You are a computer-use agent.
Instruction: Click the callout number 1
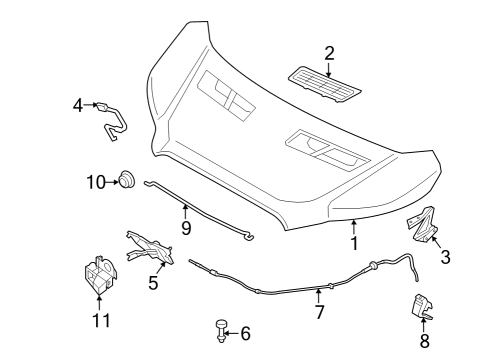[x=352, y=243]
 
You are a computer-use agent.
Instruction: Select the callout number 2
[x=329, y=53]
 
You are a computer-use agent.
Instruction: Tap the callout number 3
[x=445, y=257]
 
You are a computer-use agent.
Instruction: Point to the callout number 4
[x=78, y=105]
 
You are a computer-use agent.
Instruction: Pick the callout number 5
[x=153, y=283]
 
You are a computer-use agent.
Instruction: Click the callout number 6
[x=245, y=333]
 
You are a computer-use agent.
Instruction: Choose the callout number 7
[x=319, y=313]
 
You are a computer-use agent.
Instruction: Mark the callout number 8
[x=423, y=340]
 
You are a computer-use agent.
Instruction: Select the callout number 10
[x=95, y=182]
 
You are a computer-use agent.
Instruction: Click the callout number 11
[x=99, y=320]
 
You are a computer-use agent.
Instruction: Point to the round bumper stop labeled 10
[x=127, y=180]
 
